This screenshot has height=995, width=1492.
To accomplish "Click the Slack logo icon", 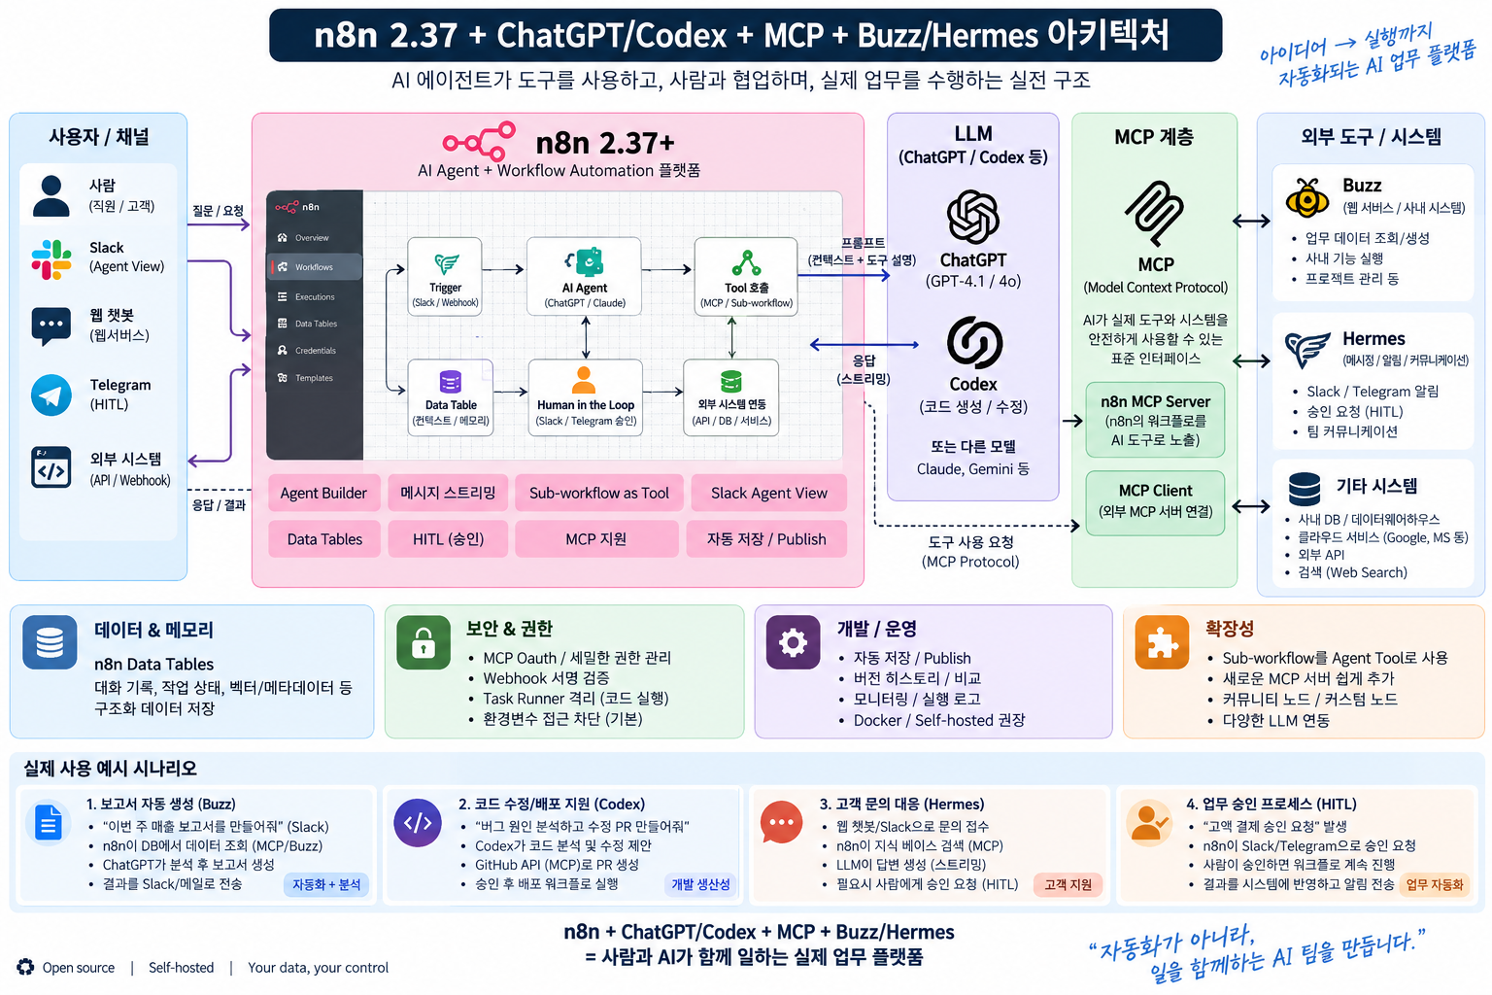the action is [x=51, y=259].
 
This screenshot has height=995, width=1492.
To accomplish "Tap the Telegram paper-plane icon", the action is [x=51, y=395].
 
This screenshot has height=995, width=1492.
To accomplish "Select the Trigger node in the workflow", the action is [x=445, y=276].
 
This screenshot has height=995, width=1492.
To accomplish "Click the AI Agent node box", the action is [x=584, y=276].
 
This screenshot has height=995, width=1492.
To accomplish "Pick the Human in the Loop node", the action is [x=586, y=397].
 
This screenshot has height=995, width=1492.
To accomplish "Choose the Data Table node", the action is [x=451, y=397].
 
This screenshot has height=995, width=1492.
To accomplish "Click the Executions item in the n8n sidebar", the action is [x=315, y=296].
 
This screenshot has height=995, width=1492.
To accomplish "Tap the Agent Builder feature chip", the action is [x=323, y=494].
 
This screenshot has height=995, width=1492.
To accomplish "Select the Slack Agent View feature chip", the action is [x=768, y=494].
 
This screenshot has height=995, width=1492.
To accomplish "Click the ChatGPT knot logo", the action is [x=973, y=218].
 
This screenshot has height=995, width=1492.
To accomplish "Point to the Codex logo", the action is [x=974, y=343].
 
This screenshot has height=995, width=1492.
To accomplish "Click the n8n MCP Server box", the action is [x=1155, y=420].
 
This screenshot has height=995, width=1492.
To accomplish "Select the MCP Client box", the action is [x=1155, y=502].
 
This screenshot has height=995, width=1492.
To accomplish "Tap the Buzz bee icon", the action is [x=1306, y=197].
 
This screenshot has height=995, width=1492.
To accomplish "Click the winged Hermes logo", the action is [x=1307, y=349].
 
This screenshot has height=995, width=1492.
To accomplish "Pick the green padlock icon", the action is [x=424, y=642].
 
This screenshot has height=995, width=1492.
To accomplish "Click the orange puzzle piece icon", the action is [x=1163, y=642].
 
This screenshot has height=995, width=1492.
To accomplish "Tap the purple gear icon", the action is [x=793, y=642].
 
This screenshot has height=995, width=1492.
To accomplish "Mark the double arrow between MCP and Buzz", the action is [x=1251, y=222].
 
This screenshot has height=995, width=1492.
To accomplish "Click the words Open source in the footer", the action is [x=79, y=968].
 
